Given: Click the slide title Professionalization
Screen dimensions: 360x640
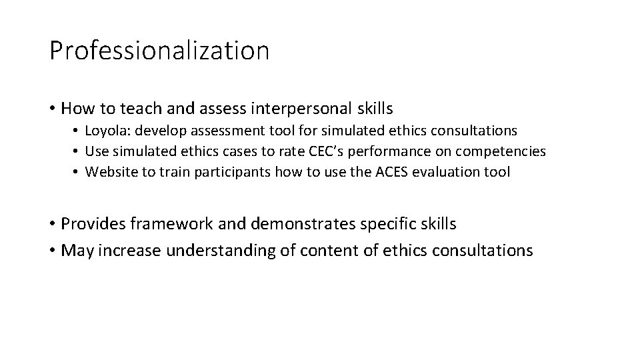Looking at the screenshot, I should (159, 51).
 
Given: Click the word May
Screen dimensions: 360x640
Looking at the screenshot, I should (76, 251).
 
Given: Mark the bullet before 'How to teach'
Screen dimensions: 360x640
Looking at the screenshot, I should (51, 108).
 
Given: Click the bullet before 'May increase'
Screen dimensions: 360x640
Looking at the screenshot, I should (51, 251).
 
